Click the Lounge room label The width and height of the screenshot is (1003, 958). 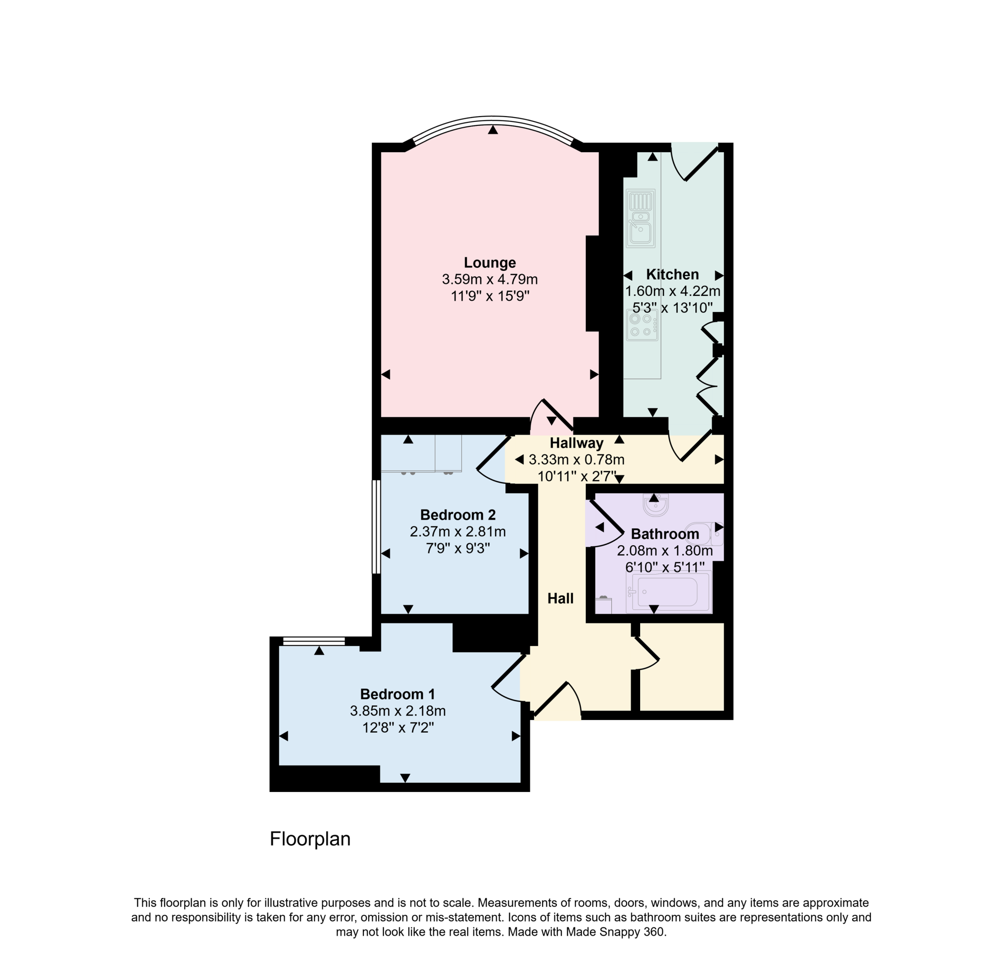[489, 263]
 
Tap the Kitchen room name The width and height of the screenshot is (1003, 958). [672, 274]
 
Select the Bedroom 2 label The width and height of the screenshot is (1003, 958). [457, 515]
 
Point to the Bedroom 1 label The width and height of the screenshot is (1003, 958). [397, 694]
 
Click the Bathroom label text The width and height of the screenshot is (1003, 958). [665, 534]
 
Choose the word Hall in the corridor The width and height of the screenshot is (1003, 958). [560, 598]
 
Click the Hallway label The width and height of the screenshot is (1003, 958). [576, 443]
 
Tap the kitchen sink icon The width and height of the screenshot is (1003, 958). [641, 218]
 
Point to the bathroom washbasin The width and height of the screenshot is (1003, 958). [656, 505]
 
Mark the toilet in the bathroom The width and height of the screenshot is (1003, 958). [705, 533]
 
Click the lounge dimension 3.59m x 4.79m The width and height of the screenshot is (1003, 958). [489, 279]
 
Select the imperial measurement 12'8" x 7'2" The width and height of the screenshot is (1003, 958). [398, 727]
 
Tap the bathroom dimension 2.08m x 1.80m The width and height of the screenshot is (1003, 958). [665, 551]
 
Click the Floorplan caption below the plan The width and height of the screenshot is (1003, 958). [310, 839]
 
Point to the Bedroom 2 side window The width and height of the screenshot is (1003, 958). [375, 527]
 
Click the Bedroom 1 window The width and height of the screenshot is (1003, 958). [313, 642]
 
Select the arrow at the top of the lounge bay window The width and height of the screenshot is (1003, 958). [492, 130]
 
